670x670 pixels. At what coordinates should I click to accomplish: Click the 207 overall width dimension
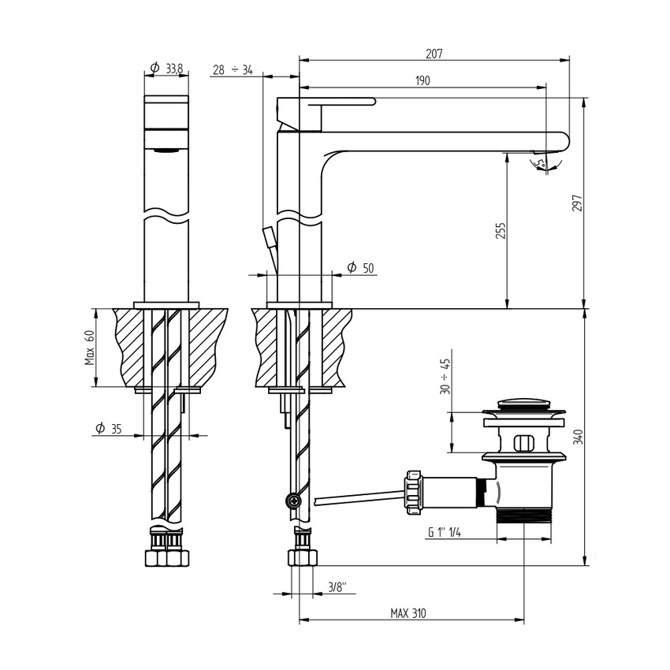pos(434,54)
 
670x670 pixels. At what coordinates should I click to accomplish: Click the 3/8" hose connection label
pos(337,586)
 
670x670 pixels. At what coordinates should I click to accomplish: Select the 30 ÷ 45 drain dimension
pos(446,376)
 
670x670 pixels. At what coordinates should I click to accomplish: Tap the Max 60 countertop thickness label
pos(91,348)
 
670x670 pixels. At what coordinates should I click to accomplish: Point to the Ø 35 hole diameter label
pos(109,429)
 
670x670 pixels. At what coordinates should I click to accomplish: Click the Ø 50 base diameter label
pos(360,268)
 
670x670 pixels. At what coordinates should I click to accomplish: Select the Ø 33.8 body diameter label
pos(166,69)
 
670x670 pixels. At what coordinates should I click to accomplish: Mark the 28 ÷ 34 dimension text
pos(233,70)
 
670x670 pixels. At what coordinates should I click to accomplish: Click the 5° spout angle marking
pos(540,163)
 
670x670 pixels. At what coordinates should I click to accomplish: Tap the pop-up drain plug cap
pos(524,406)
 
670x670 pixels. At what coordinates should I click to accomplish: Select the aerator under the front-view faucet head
pos(166,149)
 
